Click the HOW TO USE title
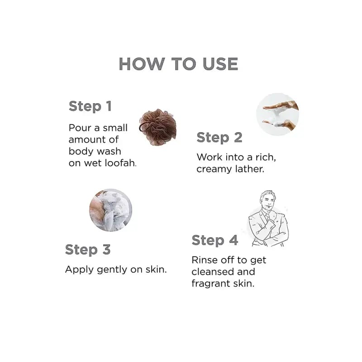click(178, 64)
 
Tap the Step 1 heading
click(90, 106)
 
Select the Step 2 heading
click(219, 138)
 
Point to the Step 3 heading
click(88, 250)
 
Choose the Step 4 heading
click(214, 240)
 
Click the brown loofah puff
click(158, 127)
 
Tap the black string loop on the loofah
click(143, 128)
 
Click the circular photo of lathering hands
click(277, 114)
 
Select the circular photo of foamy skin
click(110, 210)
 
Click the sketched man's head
click(268, 200)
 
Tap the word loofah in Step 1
click(120, 163)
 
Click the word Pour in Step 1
click(80, 128)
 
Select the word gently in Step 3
click(112, 270)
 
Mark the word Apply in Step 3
click(79, 270)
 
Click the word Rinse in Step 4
click(205, 260)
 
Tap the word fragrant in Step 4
click(210, 284)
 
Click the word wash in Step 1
click(109, 152)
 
